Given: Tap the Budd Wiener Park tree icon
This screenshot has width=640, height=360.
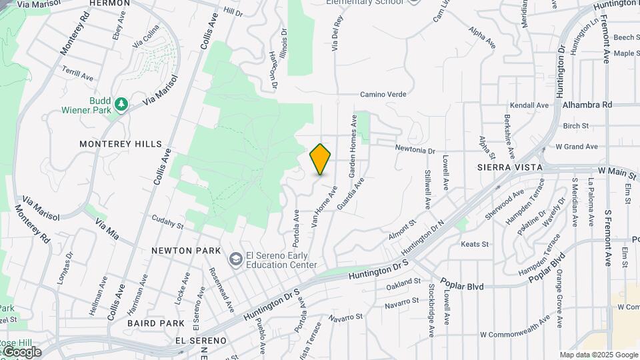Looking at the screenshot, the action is (121, 104).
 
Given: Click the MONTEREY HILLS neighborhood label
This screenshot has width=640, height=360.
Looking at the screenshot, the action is (121, 144).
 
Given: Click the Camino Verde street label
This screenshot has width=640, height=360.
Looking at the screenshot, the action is (383, 95).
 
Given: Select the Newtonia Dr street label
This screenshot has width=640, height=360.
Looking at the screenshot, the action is (415, 149).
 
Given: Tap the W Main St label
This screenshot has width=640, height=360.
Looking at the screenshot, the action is (618, 172).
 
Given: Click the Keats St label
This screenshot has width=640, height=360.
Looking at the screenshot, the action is (475, 245).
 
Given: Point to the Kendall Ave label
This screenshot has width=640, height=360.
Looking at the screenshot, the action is (529, 105).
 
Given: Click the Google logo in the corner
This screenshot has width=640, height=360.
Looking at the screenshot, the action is (21, 352).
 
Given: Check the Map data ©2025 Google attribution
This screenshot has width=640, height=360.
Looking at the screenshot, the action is (599, 355).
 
